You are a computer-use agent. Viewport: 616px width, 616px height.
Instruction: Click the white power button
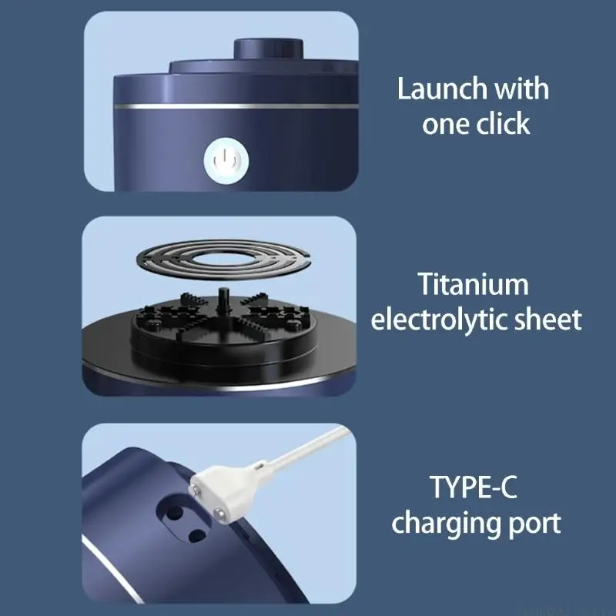pyautogui.click(x=226, y=161)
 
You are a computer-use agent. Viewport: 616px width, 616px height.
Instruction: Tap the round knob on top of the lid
pyautogui.click(x=268, y=49)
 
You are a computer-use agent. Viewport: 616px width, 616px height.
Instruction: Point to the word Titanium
pyautogui.click(x=473, y=284)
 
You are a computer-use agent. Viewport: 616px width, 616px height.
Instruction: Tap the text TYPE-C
pyautogui.click(x=473, y=487)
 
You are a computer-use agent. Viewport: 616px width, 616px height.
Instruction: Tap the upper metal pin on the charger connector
pyautogui.click(x=196, y=489)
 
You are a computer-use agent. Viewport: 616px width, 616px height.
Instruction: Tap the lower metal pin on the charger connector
pyautogui.click(x=219, y=512)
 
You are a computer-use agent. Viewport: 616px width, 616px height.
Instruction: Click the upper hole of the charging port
pyautogui.click(x=175, y=513)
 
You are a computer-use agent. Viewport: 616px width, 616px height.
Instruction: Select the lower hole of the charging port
pyautogui.click(x=197, y=535)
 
